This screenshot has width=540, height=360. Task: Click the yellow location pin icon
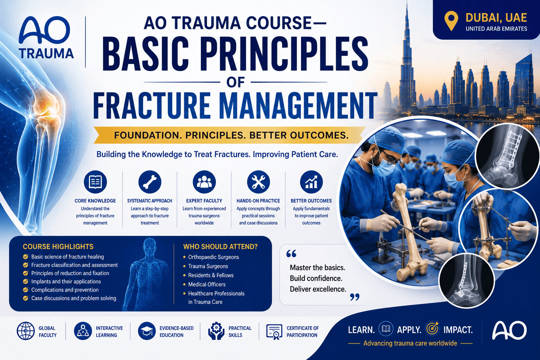point(451,21)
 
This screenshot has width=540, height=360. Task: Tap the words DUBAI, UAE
point(496,18)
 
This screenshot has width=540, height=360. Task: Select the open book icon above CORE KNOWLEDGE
point(95,182)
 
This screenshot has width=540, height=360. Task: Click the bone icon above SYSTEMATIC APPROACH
point(150,182)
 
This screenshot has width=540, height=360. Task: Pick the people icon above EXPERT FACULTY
point(204,182)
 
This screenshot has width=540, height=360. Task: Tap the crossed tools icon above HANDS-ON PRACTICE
point(258,182)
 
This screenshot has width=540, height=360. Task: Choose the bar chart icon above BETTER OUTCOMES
point(311,182)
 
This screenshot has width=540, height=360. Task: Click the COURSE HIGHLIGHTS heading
point(58,247)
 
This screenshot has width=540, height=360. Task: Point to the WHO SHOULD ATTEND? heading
point(220,247)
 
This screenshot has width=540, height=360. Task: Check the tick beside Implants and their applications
point(26,281)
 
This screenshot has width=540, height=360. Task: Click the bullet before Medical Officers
point(185,284)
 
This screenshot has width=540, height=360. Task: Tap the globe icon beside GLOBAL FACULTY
point(26,331)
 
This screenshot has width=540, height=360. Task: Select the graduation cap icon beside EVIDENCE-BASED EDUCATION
point(147,331)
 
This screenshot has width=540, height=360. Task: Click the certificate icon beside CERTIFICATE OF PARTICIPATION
point(274,332)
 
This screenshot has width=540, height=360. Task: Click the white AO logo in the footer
point(509,330)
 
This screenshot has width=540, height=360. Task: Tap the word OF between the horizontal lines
point(236,82)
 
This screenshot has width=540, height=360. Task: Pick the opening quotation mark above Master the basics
point(291,254)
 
